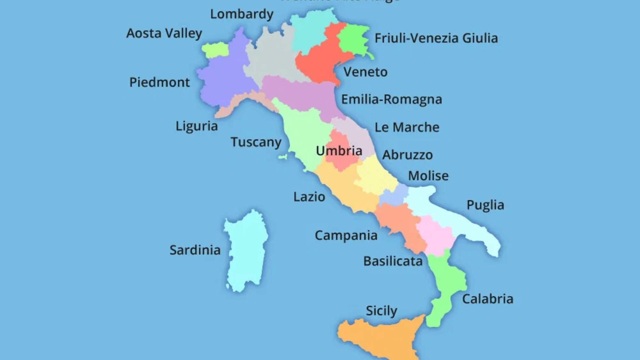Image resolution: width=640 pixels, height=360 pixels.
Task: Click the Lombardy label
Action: pyautogui.click(x=242, y=14)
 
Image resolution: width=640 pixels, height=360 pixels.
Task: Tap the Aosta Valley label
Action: pyautogui.click(x=164, y=33)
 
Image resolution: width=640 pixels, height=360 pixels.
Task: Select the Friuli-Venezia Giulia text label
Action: pyautogui.click(x=436, y=38)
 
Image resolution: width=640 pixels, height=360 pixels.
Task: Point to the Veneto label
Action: pyautogui.click(x=365, y=72)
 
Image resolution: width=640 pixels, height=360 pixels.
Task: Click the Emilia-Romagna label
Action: pyautogui.click(x=392, y=100)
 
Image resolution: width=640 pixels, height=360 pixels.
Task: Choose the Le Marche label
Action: pyautogui.click(x=407, y=127)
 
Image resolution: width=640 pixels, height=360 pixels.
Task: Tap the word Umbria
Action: pyautogui.click(x=339, y=151)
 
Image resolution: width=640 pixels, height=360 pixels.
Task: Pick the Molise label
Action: pyautogui.click(x=428, y=176)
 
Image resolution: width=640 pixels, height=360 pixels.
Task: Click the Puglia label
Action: pyautogui.click(x=485, y=205)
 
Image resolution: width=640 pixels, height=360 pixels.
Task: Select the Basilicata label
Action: pyautogui.click(x=393, y=261)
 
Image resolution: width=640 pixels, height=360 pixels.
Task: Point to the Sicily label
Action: pyautogui.click(x=381, y=311)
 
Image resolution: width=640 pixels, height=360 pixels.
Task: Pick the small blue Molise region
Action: pyautogui.click(x=393, y=195)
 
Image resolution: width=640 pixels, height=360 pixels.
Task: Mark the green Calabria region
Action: pyautogui.click(x=446, y=282)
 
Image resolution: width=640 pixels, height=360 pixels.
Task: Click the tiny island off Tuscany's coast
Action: pyautogui.click(x=283, y=157)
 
